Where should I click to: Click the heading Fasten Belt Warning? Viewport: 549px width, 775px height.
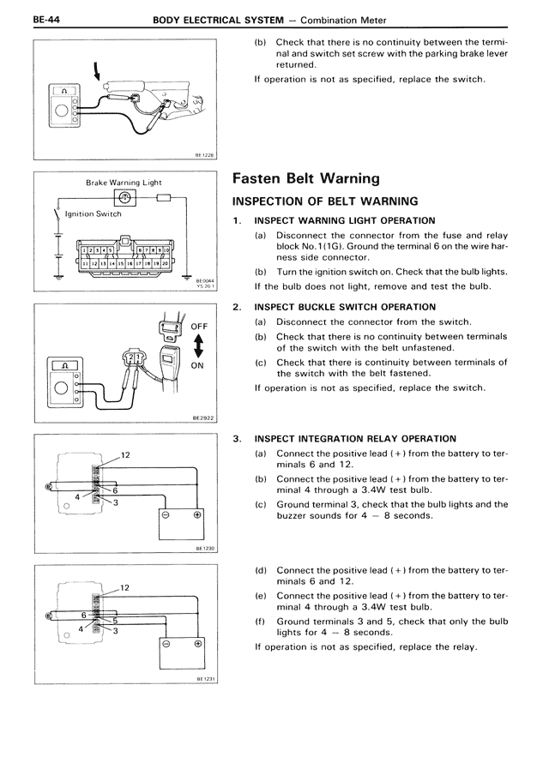pyautogui.click(x=306, y=179)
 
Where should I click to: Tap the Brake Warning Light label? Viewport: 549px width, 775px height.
pyautogui.click(x=124, y=183)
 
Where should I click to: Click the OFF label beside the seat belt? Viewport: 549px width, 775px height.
pyautogui.click(x=199, y=327)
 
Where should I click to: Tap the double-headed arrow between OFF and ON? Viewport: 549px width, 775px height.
pyautogui.click(x=198, y=345)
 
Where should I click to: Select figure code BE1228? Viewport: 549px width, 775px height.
pyautogui.click(x=203, y=155)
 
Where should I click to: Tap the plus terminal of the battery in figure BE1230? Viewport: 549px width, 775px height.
pyautogui.click(x=197, y=515)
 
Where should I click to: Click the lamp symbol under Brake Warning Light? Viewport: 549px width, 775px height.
pyautogui.click(x=126, y=197)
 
